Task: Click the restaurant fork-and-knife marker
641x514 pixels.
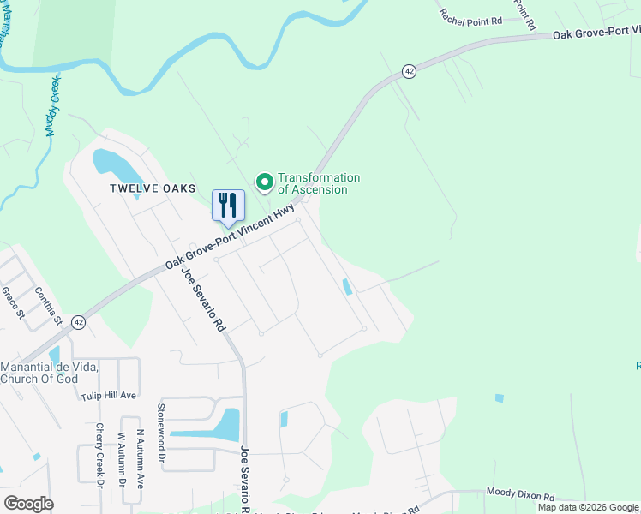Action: (x=228, y=206)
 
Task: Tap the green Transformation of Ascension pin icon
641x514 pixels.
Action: (x=265, y=181)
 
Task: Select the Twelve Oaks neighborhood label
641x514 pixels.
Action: (x=153, y=188)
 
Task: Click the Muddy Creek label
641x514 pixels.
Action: (x=53, y=115)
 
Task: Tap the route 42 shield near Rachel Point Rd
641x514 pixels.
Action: (x=410, y=72)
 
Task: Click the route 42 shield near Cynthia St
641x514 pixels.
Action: (x=79, y=322)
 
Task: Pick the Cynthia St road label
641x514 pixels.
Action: (x=49, y=306)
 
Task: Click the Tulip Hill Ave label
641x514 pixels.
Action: (x=109, y=396)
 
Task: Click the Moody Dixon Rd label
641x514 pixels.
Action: (x=521, y=494)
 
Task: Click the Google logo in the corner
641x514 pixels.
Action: (x=28, y=504)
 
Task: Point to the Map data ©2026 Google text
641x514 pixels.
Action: (x=588, y=507)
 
